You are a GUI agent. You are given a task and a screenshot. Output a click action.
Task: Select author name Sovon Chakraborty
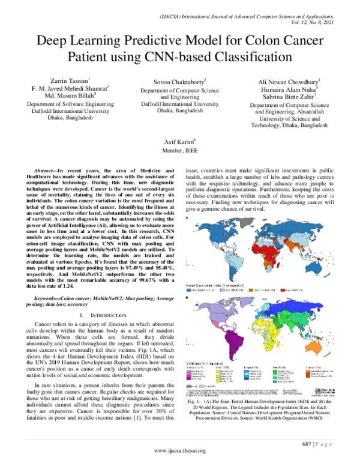[179, 80]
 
